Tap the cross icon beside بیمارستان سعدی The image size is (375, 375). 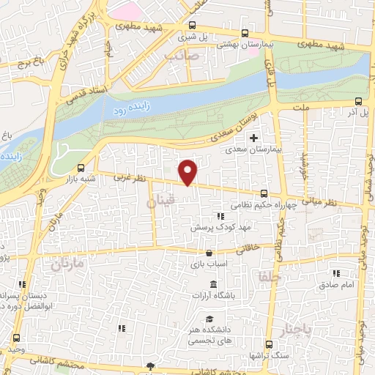[x=254, y=138]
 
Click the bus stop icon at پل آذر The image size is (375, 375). [x=357, y=102]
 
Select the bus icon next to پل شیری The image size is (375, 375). [x=244, y=32]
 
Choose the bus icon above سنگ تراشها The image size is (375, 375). [x=268, y=344]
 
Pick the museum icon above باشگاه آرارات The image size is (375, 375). [x=212, y=285]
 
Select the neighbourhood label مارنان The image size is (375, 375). [x=67, y=262]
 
